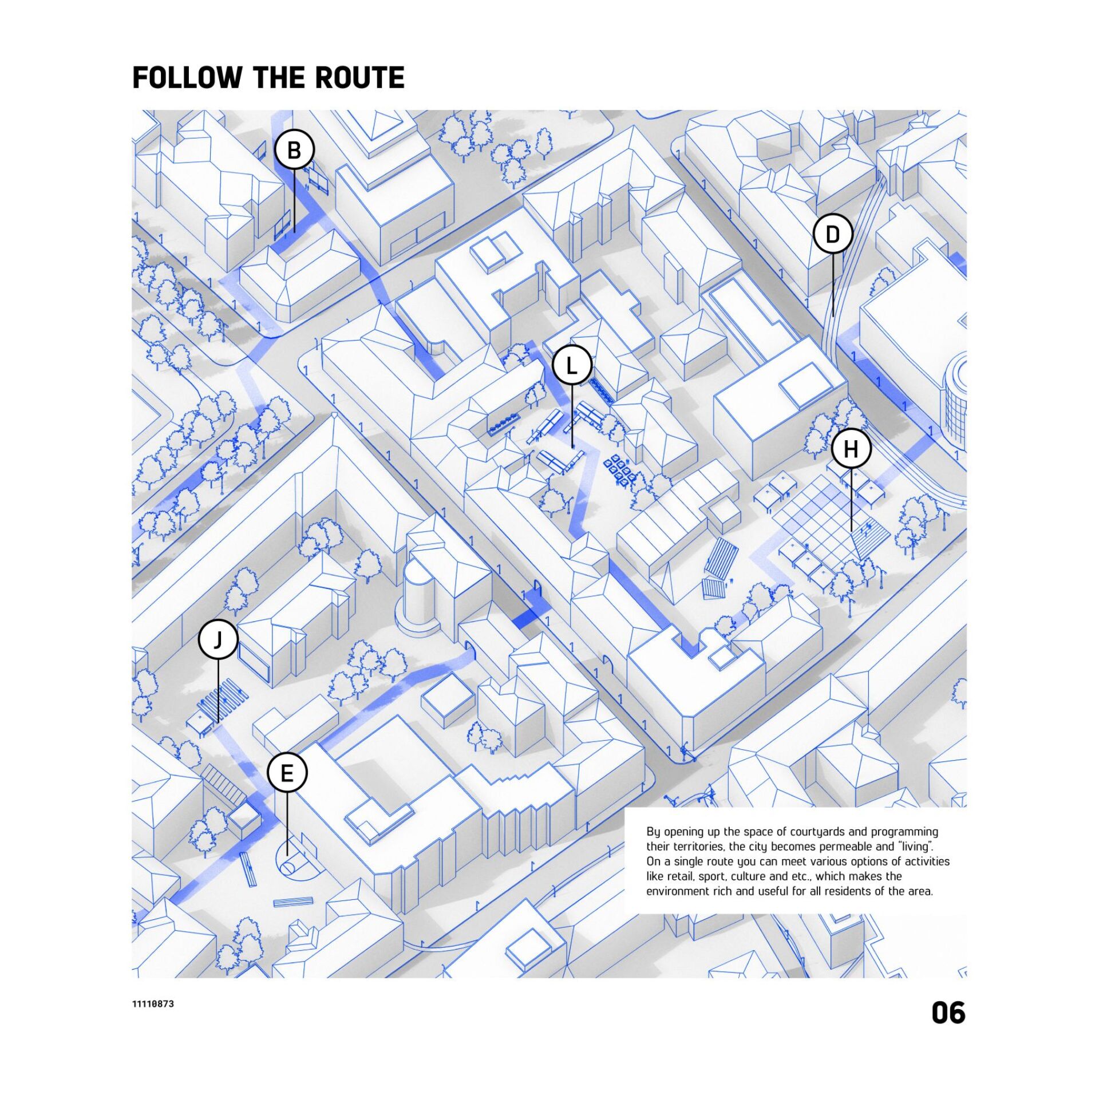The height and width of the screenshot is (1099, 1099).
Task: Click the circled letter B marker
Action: (294, 150)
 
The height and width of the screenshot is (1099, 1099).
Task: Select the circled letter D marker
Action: (833, 234)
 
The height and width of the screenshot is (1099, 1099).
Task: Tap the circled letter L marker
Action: (572, 365)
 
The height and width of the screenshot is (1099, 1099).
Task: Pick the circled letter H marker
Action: (851, 449)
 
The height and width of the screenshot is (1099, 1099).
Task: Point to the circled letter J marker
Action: (218, 640)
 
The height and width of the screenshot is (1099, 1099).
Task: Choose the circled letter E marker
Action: (287, 773)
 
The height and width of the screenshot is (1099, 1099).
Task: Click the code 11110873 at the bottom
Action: (153, 1004)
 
